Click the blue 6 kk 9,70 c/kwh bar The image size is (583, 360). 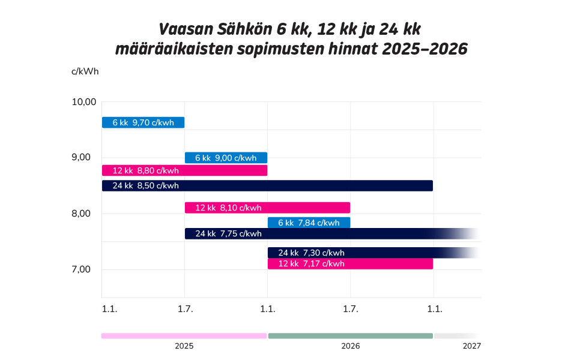143,122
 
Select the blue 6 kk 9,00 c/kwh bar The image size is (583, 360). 226,158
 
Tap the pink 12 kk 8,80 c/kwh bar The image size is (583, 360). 184,170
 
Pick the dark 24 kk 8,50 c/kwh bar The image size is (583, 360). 267,185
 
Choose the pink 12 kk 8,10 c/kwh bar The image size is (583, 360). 267,208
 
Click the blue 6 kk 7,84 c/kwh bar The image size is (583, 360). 309,223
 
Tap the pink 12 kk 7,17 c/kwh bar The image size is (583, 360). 350,263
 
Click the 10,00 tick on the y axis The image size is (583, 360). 84,101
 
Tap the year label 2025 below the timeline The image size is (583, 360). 184,346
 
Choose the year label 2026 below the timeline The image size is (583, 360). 351,346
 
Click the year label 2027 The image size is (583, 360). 472,346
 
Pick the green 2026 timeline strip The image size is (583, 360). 350,336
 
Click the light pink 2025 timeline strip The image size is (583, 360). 184,336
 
